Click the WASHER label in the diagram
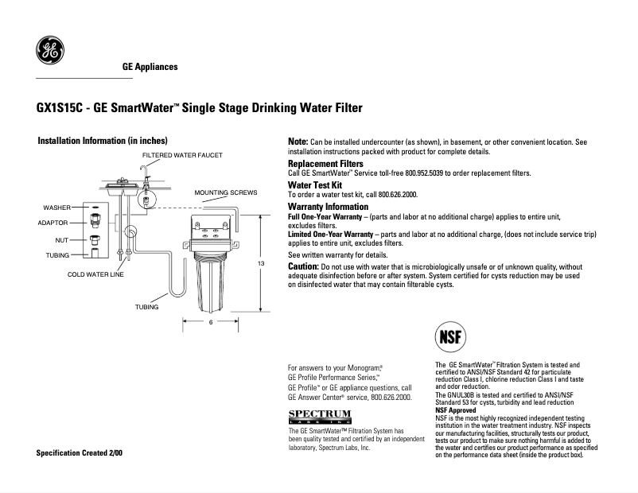coord(57,207)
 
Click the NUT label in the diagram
coord(60,239)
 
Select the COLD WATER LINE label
coord(95,274)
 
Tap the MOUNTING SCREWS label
coord(226,192)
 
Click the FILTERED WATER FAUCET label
coord(182,154)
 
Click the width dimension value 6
coord(210,322)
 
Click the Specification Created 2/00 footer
coord(80,452)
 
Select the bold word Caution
coord(303,266)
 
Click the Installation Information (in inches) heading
coord(103,141)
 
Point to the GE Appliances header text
coord(150,67)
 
